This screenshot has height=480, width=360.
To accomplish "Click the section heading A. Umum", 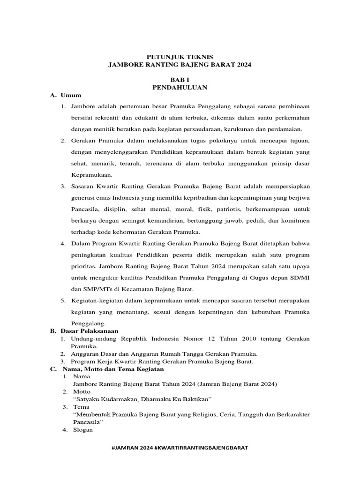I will (x=66, y=95).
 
